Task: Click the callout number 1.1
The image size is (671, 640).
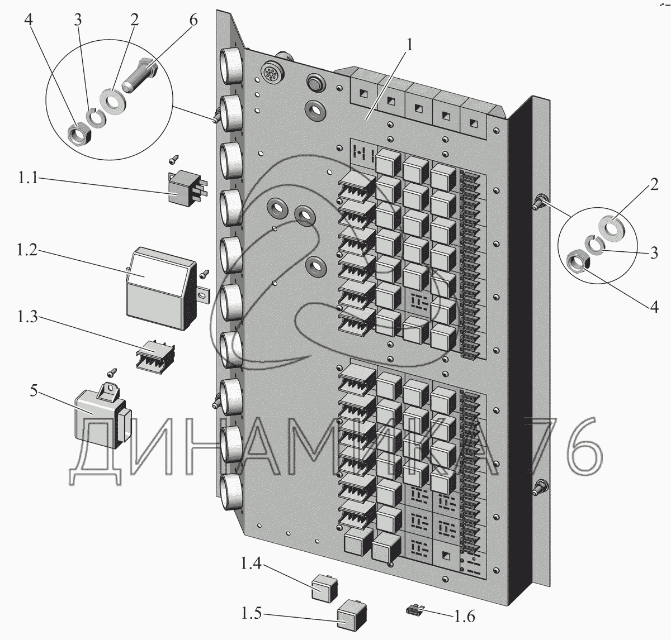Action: pyautogui.click(x=27, y=178)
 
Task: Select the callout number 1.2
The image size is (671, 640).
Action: pyautogui.click(x=27, y=250)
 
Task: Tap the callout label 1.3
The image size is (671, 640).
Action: pyautogui.click(x=27, y=317)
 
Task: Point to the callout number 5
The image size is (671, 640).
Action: pyautogui.click(x=34, y=390)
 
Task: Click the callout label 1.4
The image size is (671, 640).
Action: pyautogui.click(x=251, y=564)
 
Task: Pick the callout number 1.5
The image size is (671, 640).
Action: pyautogui.click(x=251, y=613)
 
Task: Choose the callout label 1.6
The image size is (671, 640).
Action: pyautogui.click(x=464, y=616)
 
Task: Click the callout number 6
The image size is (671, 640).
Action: pyautogui.click(x=193, y=20)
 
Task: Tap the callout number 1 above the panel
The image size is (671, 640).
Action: pyautogui.click(x=409, y=45)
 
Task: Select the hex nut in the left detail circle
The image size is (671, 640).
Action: pyautogui.click(x=80, y=135)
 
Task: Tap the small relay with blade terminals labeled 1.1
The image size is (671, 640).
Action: pyautogui.click(x=187, y=189)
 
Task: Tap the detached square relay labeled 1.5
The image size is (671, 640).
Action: pyautogui.click(x=351, y=615)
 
